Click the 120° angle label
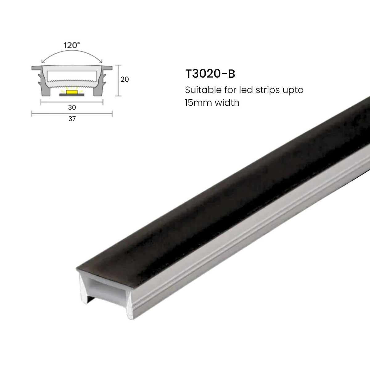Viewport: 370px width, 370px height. tap(72, 45)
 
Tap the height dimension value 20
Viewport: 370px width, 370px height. tap(125, 79)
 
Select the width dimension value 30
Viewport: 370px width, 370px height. tap(72, 107)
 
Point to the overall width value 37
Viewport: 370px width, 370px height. tap(72, 119)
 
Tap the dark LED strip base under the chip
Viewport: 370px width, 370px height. tap(72, 95)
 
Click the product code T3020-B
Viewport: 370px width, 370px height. tap(210, 74)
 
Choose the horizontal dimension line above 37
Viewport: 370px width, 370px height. tap(72, 114)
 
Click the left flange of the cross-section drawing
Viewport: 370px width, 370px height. tap(36, 68)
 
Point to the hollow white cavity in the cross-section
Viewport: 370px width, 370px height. tap(72, 76)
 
